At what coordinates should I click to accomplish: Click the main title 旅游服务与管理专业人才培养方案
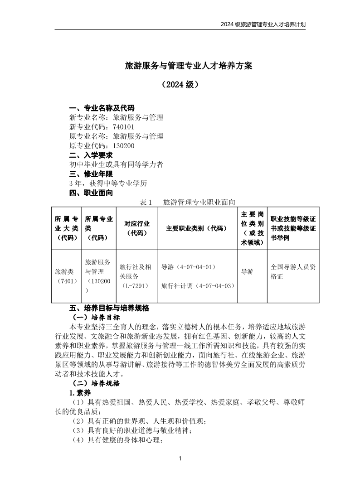tap(188, 66)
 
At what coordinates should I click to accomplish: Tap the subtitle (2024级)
tap(180, 85)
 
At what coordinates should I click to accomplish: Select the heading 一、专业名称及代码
tap(102, 108)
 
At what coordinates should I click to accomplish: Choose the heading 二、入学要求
tap(91, 155)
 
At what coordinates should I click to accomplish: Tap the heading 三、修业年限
tap(91, 174)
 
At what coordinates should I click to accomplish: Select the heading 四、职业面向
tap(91, 193)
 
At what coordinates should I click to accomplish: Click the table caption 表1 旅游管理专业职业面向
tap(188, 202)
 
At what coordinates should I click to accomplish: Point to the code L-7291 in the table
tap(136, 285)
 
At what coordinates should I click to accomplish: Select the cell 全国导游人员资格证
tap(293, 271)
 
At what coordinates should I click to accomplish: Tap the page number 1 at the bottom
tap(180, 459)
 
